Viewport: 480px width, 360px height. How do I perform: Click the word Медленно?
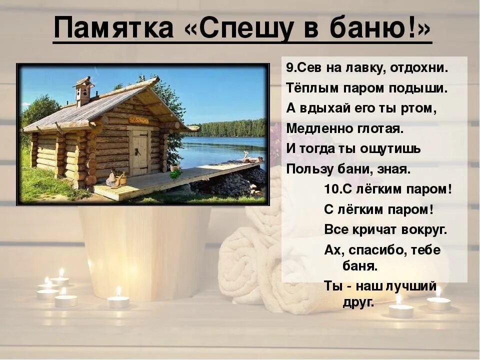click(x=317, y=128)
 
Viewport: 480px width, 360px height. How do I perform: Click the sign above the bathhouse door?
click(x=138, y=120)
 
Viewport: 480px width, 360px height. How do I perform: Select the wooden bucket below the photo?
click(x=144, y=250)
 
